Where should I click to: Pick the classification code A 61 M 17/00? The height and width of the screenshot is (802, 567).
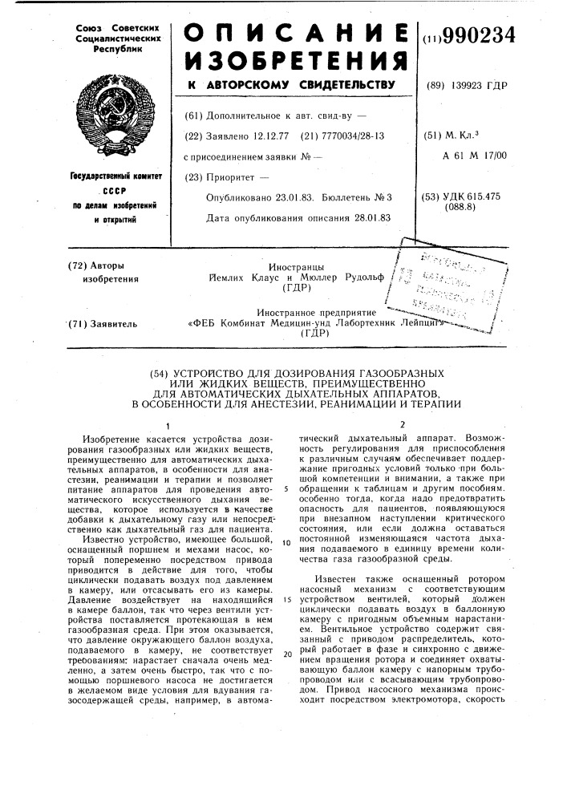tap(475, 156)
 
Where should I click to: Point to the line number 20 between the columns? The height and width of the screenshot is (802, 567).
tap(286, 654)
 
